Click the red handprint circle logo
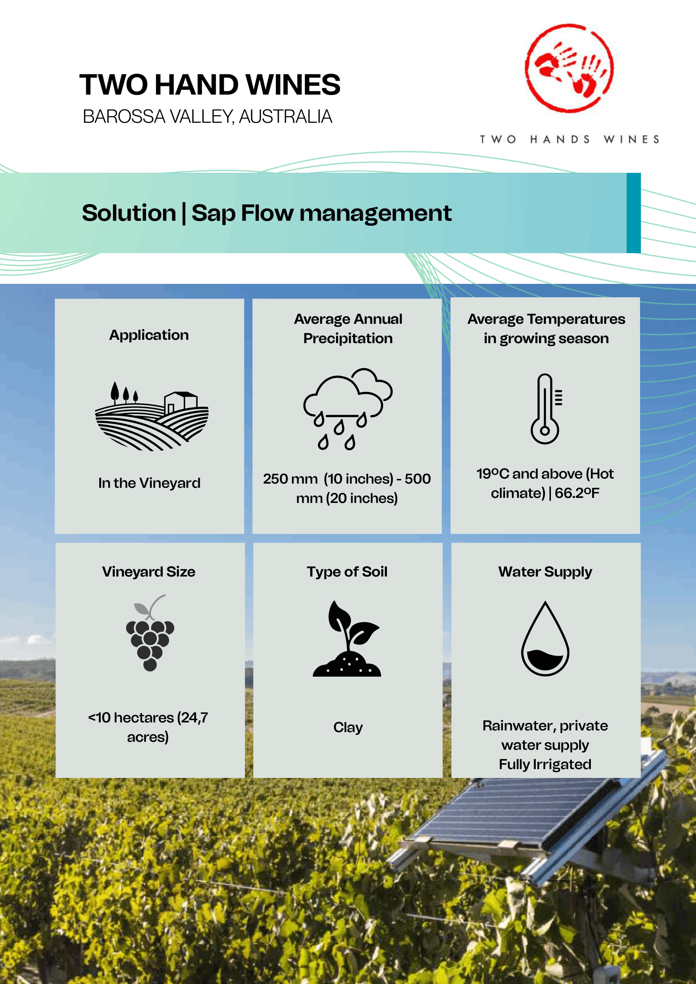pos(569,68)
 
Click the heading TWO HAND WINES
pos(210,85)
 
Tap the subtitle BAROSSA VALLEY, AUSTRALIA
pos(207,116)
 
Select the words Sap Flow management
pos(321,213)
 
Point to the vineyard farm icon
pos(152,416)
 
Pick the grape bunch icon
pos(150,632)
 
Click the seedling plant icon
pos(347,639)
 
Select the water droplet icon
pos(545,639)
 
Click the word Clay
pos(348,728)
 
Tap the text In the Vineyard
pos(149,483)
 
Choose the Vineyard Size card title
pos(149,572)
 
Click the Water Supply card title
pos(545,572)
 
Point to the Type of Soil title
pos(347,572)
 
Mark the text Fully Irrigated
pos(545,764)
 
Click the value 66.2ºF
pos(577,493)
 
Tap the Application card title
pos(149,335)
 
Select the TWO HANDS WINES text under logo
pos(569,139)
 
